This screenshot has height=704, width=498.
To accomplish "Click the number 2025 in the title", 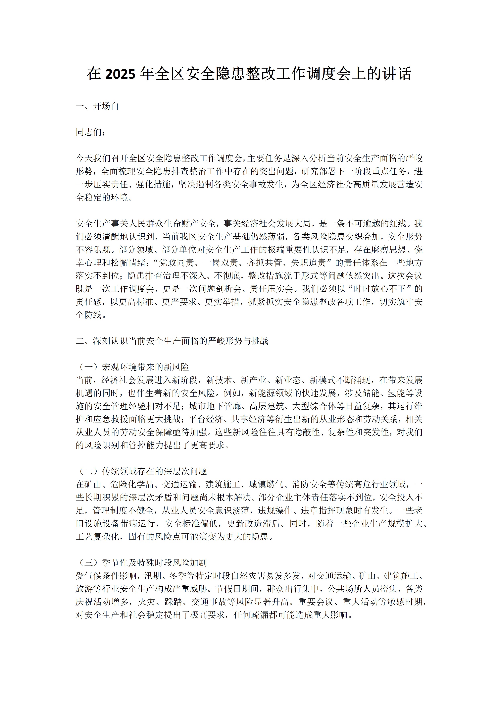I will coord(120,74).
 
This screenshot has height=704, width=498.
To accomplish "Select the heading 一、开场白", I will coord(97,106).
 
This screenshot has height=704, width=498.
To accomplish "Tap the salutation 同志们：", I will coord(91,132).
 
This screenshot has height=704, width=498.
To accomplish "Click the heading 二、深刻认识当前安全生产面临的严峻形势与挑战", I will coord(172,341).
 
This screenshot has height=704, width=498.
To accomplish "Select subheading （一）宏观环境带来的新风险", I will coord(133,367).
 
